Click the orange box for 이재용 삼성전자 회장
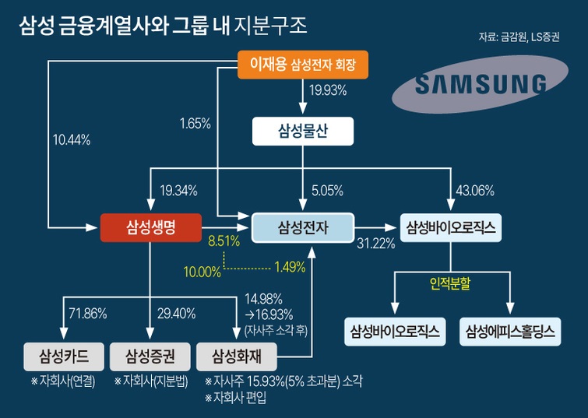pos(302,65)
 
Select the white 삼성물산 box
pos(303,132)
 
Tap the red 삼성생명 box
pos(151,227)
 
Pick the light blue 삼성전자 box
pos(303,227)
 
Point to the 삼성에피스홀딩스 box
pos(510,332)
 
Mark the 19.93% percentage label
pos(327,91)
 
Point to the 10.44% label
pos(72,140)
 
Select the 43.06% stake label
pos(476,190)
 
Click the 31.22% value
pos(376,244)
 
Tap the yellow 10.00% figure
pos(202,272)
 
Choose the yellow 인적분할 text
pos(450,284)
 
